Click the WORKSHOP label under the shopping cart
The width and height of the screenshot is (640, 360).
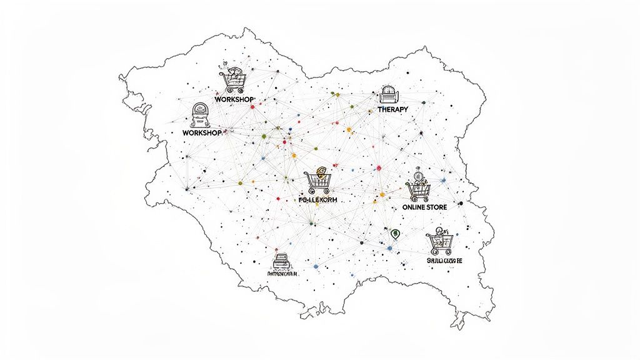[x=234, y=100]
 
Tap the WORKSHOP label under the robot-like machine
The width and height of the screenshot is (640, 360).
[x=202, y=133]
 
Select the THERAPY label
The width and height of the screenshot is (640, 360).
[x=393, y=109]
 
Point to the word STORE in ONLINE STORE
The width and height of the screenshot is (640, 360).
[x=442, y=207]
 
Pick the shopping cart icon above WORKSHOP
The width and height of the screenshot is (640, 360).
[x=232, y=80]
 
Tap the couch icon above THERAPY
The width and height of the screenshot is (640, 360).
[x=388, y=94]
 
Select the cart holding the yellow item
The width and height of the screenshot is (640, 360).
[x=318, y=181]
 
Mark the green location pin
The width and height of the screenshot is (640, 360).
[x=394, y=234]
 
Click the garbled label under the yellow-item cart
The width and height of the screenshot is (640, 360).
[x=318, y=200]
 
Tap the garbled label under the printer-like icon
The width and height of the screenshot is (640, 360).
[x=282, y=274]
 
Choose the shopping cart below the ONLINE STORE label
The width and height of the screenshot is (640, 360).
[x=439, y=241]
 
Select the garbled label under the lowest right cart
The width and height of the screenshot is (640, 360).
[x=444, y=260]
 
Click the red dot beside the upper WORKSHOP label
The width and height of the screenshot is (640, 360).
[x=252, y=107]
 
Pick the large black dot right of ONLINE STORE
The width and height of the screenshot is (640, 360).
[x=461, y=204]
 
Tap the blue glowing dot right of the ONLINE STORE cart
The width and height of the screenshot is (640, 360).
[x=443, y=181]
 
